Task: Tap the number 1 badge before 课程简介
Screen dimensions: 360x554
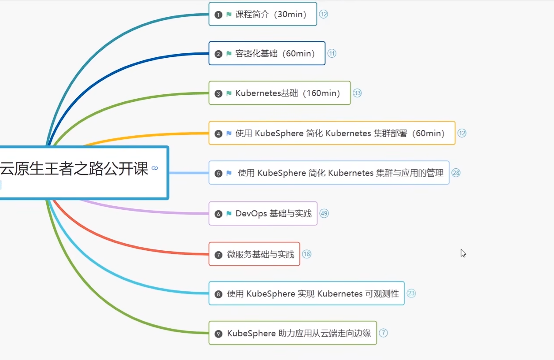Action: click(x=218, y=15)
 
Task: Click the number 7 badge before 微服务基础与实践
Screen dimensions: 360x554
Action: click(x=218, y=255)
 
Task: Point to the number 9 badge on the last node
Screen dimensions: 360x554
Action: click(x=218, y=334)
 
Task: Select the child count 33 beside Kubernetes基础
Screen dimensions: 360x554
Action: click(x=357, y=93)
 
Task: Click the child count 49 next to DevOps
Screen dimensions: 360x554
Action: click(x=324, y=214)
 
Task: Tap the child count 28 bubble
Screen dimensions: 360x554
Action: click(x=456, y=173)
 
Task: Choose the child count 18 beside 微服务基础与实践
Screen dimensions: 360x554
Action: click(x=307, y=254)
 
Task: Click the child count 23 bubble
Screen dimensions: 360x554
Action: click(x=411, y=293)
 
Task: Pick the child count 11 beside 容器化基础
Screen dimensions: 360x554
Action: click(x=332, y=54)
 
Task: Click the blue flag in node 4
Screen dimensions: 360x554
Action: click(x=229, y=134)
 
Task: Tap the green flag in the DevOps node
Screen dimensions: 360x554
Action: click(x=229, y=214)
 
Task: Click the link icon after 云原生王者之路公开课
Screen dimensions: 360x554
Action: click(x=155, y=168)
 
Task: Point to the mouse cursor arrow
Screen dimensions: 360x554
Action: click(x=463, y=253)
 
